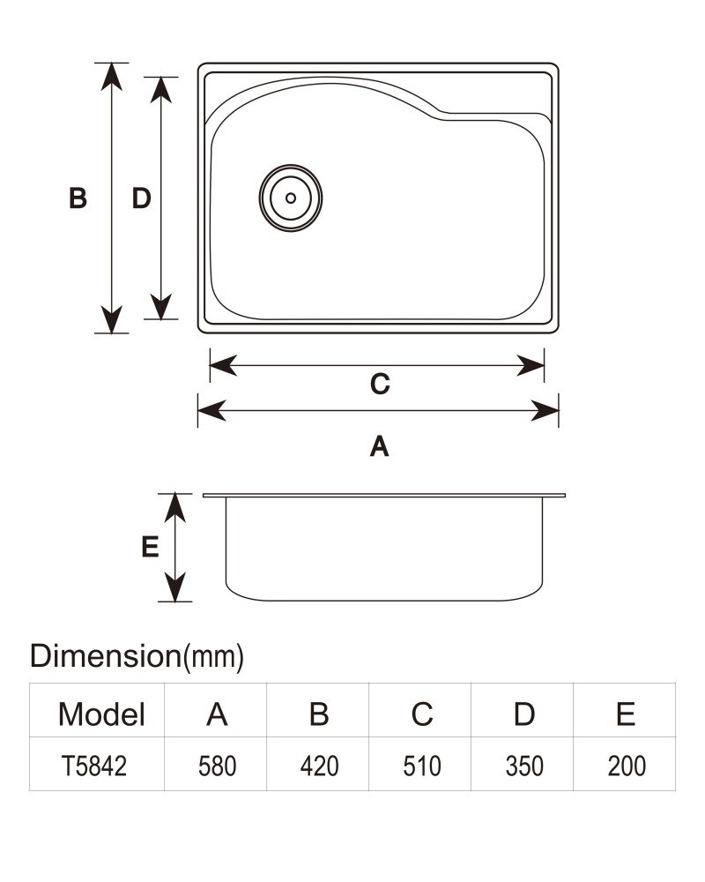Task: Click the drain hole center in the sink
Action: pos(291,198)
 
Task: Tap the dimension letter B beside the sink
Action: pos(78,198)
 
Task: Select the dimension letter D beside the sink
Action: pos(141,198)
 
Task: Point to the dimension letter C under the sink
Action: pos(380,385)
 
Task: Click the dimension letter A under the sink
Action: pos(380,446)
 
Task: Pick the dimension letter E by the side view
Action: pos(150,547)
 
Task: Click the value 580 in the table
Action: pos(217,766)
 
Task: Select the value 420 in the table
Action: pos(319,766)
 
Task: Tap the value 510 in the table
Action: pos(421,766)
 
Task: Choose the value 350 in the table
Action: pos(524,766)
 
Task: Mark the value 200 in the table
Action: pos(627,766)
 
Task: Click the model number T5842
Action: pos(94,766)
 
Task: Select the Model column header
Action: pos(101,714)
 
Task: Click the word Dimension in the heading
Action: pos(105,656)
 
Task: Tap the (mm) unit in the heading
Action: pos(213,657)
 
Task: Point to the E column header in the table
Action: pos(626,714)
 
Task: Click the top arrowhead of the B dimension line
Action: pos(112,76)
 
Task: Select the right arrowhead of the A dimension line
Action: pos(545,411)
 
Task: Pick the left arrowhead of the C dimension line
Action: pos(223,366)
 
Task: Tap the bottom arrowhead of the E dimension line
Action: pos(175,587)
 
